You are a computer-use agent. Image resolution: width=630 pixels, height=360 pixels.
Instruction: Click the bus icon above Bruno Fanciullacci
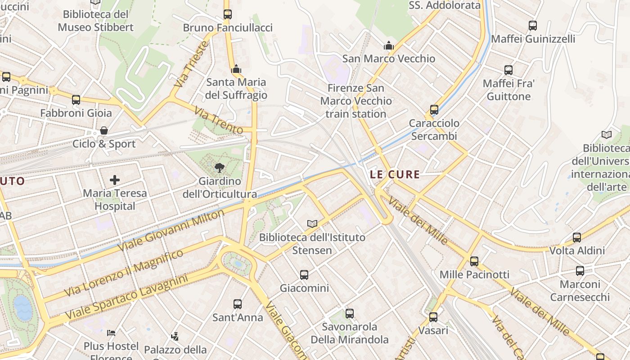[228, 14]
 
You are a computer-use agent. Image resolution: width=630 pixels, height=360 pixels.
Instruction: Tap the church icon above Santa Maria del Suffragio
[236, 69]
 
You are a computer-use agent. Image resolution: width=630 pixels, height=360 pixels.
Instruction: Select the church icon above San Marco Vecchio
[388, 45]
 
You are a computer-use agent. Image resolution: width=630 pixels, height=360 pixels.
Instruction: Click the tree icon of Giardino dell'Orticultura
[220, 168]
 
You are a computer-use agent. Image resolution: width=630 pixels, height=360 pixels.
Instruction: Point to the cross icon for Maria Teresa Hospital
[115, 180]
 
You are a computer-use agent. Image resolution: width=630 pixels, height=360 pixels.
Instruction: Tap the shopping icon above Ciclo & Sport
[104, 131]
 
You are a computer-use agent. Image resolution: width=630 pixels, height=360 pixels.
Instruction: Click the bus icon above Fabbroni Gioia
[76, 99]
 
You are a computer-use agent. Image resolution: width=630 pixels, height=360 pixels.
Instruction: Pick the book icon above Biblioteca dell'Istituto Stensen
[312, 224]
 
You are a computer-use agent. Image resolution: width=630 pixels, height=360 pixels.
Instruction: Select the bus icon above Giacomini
[304, 274]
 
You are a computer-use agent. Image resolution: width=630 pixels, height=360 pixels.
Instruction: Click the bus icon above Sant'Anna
[237, 304]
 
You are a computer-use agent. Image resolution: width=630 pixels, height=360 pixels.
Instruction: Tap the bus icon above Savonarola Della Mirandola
[350, 313]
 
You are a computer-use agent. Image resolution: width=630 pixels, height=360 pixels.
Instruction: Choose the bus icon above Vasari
[433, 317]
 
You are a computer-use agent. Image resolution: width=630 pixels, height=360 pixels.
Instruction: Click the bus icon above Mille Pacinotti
[474, 261]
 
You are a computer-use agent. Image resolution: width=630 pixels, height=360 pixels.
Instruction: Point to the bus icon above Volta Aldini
[577, 237]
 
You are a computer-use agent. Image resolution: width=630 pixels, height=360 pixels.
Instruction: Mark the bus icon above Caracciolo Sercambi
[434, 110]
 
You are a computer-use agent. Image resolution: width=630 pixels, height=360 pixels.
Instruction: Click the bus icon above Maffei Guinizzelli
[533, 26]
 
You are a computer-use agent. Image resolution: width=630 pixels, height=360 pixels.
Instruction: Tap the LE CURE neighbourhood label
[395, 175]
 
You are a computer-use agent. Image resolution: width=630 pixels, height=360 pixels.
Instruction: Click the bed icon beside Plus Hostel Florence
[111, 333]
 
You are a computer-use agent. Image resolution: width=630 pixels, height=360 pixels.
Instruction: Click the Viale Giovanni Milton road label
[171, 231]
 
